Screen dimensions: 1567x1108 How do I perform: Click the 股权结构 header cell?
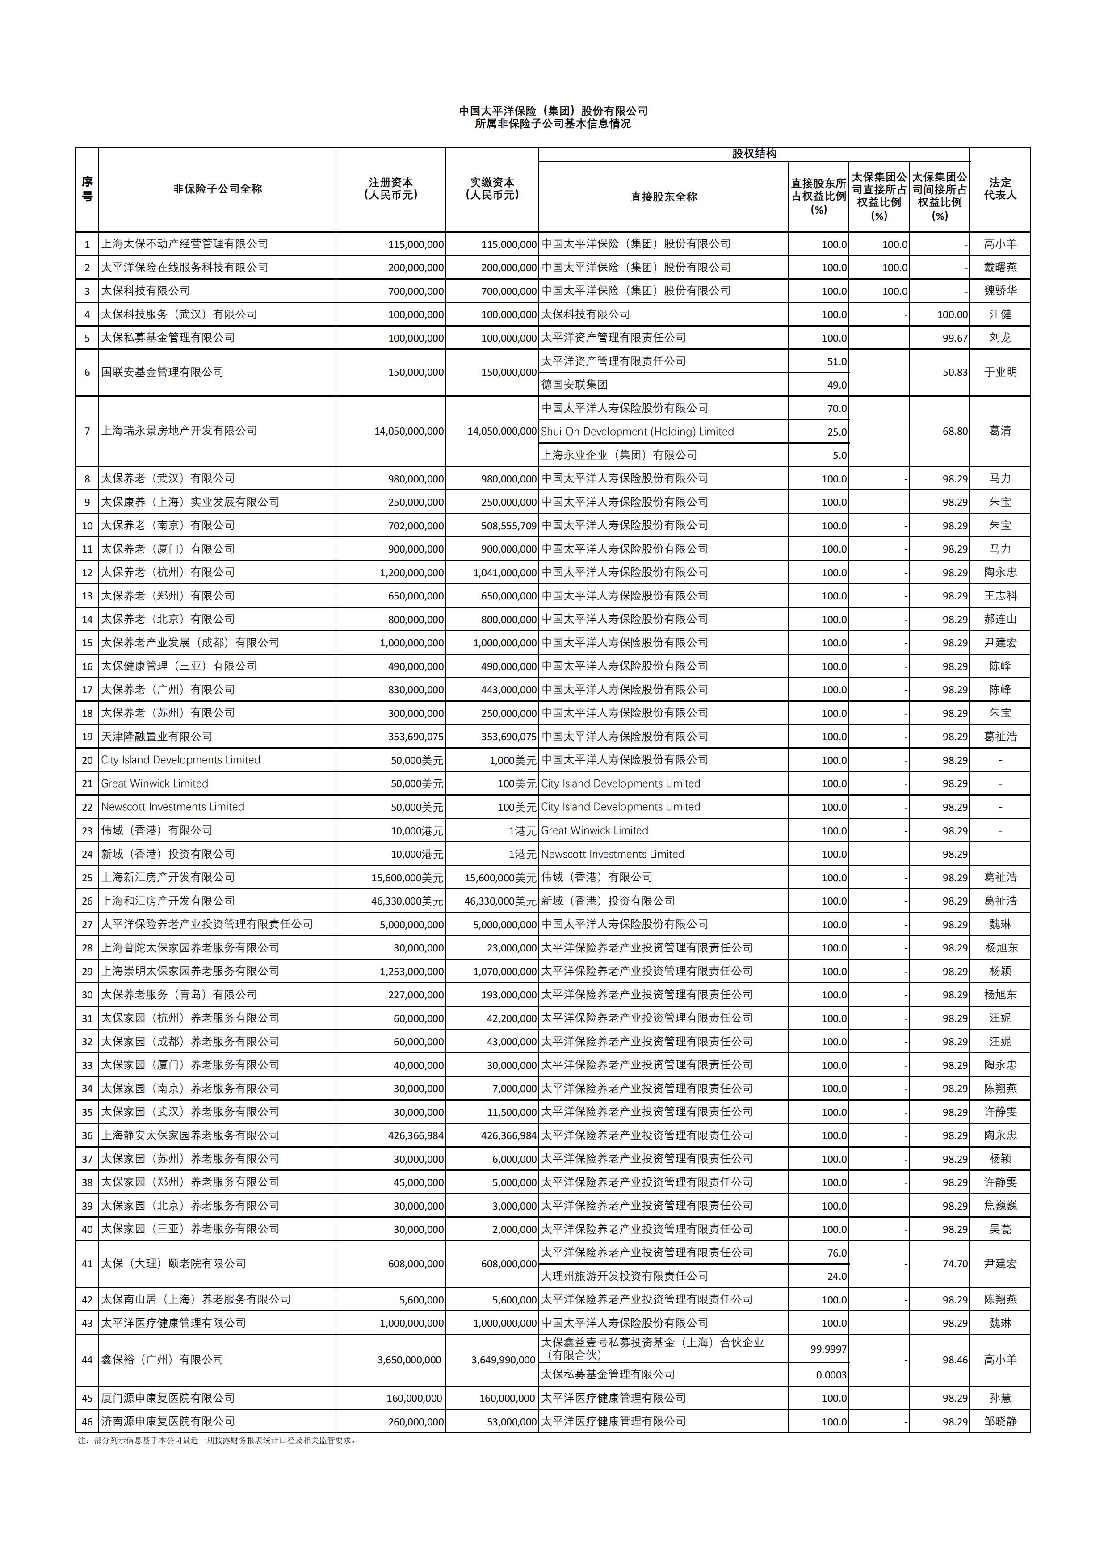coord(754,154)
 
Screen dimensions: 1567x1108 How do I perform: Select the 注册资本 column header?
coord(390,189)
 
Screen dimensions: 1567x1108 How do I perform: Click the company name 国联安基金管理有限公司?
coord(163,372)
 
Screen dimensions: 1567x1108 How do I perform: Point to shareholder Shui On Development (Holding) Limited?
coord(637,432)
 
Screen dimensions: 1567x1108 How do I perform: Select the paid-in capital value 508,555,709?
coord(508,525)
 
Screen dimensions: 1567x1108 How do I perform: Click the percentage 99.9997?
coord(828,1349)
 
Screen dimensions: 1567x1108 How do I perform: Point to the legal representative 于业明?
coord(1000,372)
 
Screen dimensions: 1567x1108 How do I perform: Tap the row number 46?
coord(87,1422)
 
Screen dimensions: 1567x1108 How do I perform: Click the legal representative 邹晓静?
coord(1000,1422)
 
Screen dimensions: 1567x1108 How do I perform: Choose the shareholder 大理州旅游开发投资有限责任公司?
coord(625,1276)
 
